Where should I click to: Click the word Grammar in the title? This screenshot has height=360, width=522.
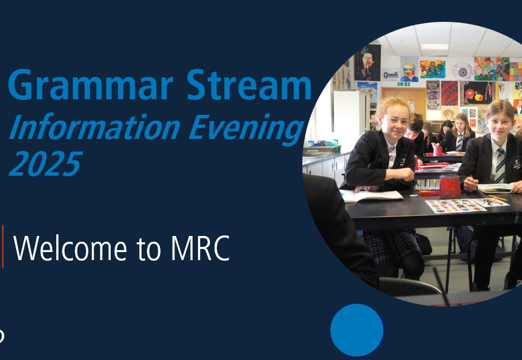click(x=91, y=86)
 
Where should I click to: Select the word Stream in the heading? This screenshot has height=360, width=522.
click(x=249, y=84)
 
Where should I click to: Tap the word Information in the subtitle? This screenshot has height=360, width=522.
click(x=95, y=127)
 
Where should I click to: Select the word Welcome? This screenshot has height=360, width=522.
click(x=70, y=248)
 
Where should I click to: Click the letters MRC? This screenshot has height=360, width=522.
click(x=200, y=249)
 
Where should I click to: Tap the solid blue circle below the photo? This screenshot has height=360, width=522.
click(x=357, y=330)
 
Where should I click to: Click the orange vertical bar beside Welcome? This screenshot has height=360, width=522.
click(x=3, y=246)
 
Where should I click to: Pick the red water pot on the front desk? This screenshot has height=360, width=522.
click(x=450, y=187)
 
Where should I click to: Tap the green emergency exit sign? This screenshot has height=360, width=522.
click(x=403, y=84)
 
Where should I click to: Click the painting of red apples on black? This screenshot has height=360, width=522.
click(x=477, y=92)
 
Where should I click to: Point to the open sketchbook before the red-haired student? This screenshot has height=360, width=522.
click(x=371, y=195)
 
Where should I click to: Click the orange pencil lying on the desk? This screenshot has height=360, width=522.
click(x=498, y=198)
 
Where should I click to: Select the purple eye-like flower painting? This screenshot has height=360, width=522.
click(x=462, y=71)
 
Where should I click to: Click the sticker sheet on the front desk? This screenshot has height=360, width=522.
click(x=455, y=206)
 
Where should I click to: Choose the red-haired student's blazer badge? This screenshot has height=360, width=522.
click(x=403, y=160)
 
